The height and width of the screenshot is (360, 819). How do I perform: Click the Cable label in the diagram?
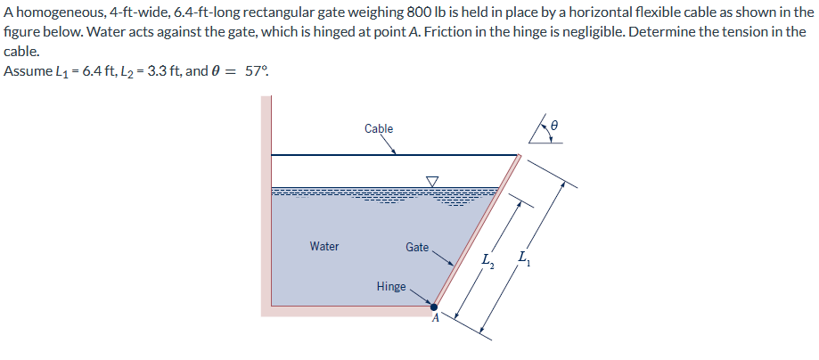[379, 129]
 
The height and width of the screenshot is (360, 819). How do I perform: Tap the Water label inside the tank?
[324, 246]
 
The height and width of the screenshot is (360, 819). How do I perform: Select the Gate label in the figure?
[417, 247]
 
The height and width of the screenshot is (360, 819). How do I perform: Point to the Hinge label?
[391, 287]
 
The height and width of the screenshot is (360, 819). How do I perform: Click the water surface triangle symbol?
[433, 182]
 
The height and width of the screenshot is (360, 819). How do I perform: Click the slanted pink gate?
[477, 232]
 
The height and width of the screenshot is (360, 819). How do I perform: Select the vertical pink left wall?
[266, 205]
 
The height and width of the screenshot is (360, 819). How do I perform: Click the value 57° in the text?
[255, 71]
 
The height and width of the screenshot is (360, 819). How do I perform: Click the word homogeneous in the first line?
[54, 12]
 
